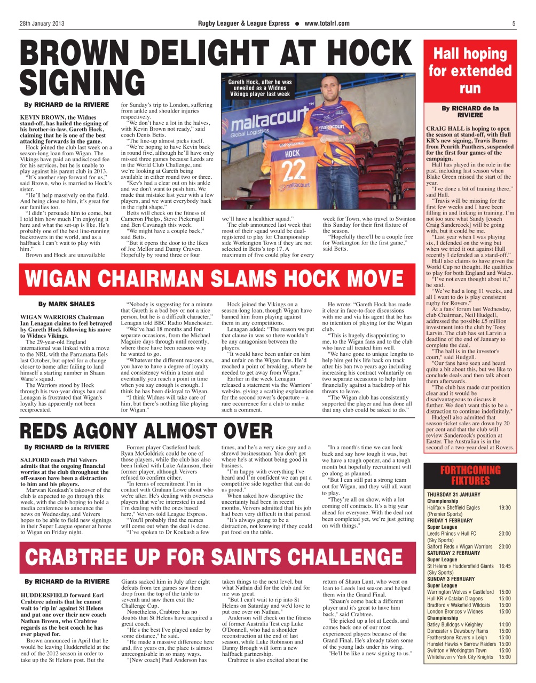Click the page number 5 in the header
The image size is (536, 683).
coord(514,23)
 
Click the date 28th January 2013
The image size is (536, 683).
coord(42,23)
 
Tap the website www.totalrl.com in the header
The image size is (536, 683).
coord(327,23)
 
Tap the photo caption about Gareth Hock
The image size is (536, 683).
coord(260,88)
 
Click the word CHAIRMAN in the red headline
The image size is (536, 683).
coord(169,280)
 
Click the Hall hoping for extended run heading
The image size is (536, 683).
coord(470,70)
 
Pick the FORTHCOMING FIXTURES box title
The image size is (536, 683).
coord(470,475)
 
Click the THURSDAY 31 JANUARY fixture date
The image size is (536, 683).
coord(453,495)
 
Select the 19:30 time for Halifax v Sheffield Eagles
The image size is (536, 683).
coord(505,508)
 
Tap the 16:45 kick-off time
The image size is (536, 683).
coord(505,566)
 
